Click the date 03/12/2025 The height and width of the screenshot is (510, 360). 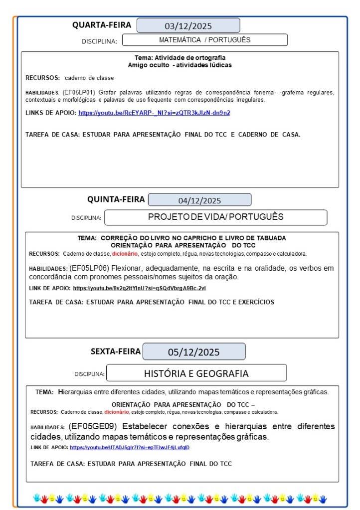[x=188, y=26]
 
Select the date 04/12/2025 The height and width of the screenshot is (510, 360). [x=199, y=200]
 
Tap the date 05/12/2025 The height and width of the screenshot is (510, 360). [x=193, y=352]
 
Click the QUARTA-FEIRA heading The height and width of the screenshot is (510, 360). [x=102, y=25]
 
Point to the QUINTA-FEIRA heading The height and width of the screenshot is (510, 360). [x=116, y=199]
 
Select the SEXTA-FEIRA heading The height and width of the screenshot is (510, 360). [x=116, y=351]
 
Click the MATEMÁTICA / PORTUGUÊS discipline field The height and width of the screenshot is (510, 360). [x=204, y=40]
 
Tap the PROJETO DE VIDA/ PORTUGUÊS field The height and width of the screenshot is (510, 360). [x=215, y=217]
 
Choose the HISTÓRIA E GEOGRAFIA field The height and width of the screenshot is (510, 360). [x=196, y=373]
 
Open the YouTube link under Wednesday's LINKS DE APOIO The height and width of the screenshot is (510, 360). [x=154, y=113]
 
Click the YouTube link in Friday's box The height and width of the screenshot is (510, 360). [x=130, y=448]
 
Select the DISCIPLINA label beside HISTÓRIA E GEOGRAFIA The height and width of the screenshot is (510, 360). [x=89, y=374]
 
